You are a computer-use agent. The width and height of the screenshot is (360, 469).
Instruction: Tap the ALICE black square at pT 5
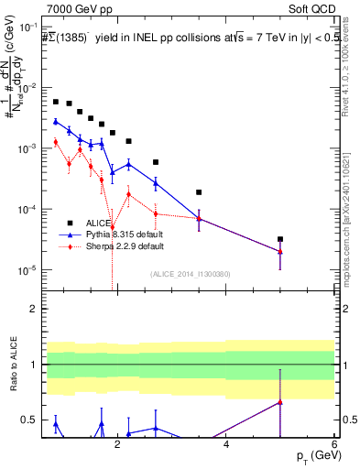pos(280,239)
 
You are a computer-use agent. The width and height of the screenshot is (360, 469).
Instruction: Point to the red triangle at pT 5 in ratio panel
pos(280,401)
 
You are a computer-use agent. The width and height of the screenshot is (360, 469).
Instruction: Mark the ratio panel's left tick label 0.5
pos(29,420)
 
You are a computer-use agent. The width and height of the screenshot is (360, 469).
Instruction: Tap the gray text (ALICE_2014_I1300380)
pos(190,273)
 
